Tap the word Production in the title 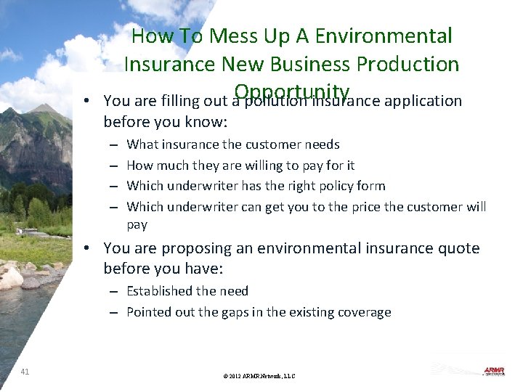408,64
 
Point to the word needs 322,144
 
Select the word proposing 195,248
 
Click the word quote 458,248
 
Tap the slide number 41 25,372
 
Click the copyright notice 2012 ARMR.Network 259,376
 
